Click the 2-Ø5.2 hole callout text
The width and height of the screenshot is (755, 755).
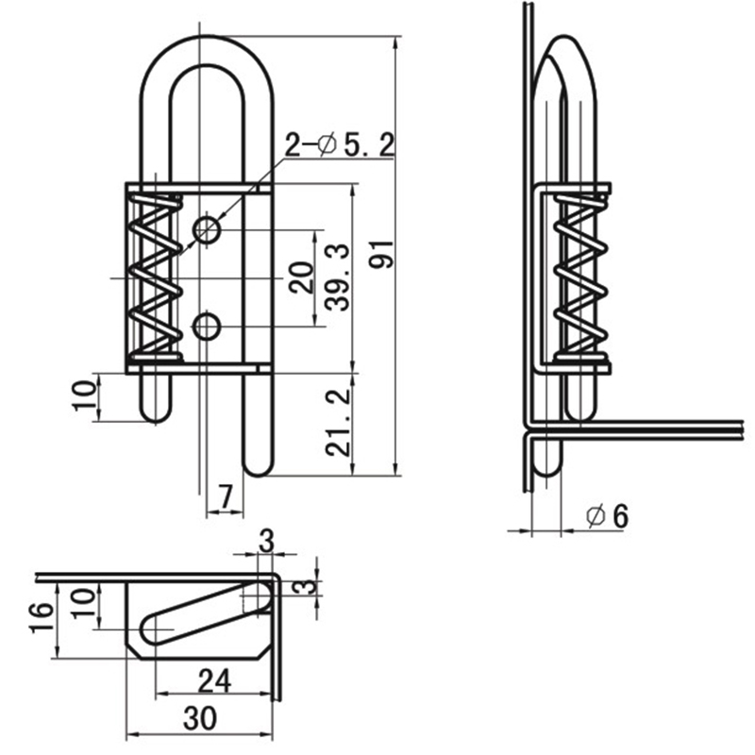point(340,145)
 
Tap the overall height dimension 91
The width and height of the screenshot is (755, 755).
point(381,254)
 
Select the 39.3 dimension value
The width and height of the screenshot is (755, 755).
point(337,277)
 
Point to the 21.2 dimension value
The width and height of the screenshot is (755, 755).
point(337,424)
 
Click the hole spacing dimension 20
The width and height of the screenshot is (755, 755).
point(302,277)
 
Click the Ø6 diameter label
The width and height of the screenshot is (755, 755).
point(608,516)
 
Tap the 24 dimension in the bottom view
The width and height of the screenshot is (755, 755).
point(214,681)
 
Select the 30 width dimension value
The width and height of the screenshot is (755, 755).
point(200,719)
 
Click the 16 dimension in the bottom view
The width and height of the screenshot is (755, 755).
point(41,618)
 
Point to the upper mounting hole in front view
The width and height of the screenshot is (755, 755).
point(207,229)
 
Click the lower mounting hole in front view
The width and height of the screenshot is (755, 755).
point(207,327)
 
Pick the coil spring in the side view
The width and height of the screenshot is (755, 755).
point(580,277)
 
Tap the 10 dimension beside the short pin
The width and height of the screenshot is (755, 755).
point(85,395)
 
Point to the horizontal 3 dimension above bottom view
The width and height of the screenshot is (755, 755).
point(266,541)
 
